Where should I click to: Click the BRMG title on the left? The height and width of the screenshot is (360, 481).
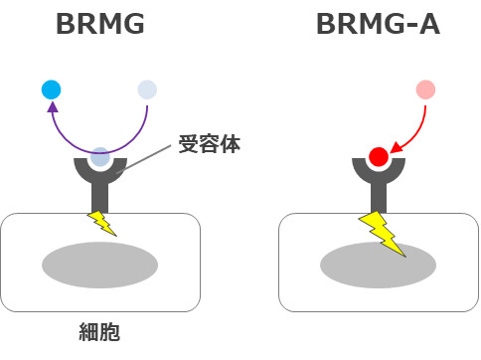[101, 25]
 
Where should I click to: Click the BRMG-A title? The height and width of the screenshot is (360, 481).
[378, 25]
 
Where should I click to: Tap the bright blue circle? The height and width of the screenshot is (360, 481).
[52, 90]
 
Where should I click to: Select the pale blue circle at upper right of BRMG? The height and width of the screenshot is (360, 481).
[147, 90]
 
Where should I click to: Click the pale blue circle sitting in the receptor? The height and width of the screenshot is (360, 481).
[100, 156]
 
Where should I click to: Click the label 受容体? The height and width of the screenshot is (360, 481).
[209, 145]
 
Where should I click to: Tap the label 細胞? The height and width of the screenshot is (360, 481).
[99, 331]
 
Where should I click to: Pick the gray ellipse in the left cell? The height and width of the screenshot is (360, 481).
[99, 264]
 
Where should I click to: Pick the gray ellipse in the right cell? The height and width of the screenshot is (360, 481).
[378, 264]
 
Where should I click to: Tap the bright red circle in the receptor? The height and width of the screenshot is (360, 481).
[379, 156]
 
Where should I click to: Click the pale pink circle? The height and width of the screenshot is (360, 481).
[425, 90]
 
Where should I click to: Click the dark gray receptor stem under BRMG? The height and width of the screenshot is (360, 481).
[100, 194]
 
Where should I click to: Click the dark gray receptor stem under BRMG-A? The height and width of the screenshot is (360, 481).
[379, 194]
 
